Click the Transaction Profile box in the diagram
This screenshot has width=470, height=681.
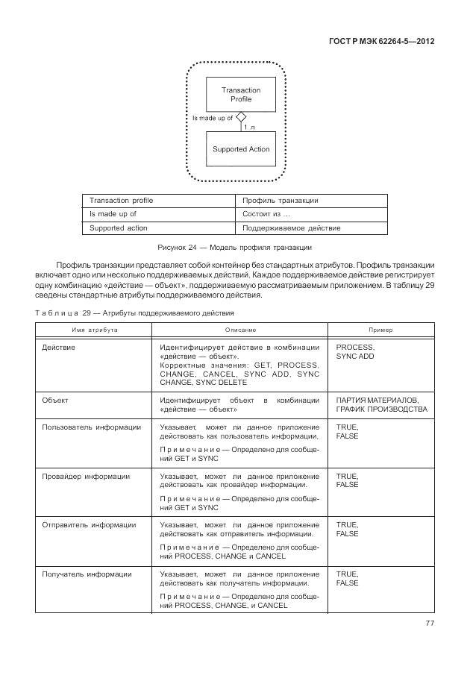(240, 94)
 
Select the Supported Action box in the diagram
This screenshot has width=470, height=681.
(240, 149)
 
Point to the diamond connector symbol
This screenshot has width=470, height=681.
(240, 116)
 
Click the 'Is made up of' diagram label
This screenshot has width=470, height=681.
(213, 118)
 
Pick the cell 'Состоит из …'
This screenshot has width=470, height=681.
(261, 214)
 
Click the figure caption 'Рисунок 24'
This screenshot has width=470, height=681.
(234, 247)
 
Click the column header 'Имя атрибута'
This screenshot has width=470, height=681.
(95, 329)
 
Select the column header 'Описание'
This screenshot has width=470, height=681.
(240, 329)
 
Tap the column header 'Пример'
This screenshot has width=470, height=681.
(381, 329)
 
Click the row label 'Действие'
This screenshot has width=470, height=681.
(59, 348)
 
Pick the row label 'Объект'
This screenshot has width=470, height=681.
(56, 401)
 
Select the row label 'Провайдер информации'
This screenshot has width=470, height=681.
(87, 476)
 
